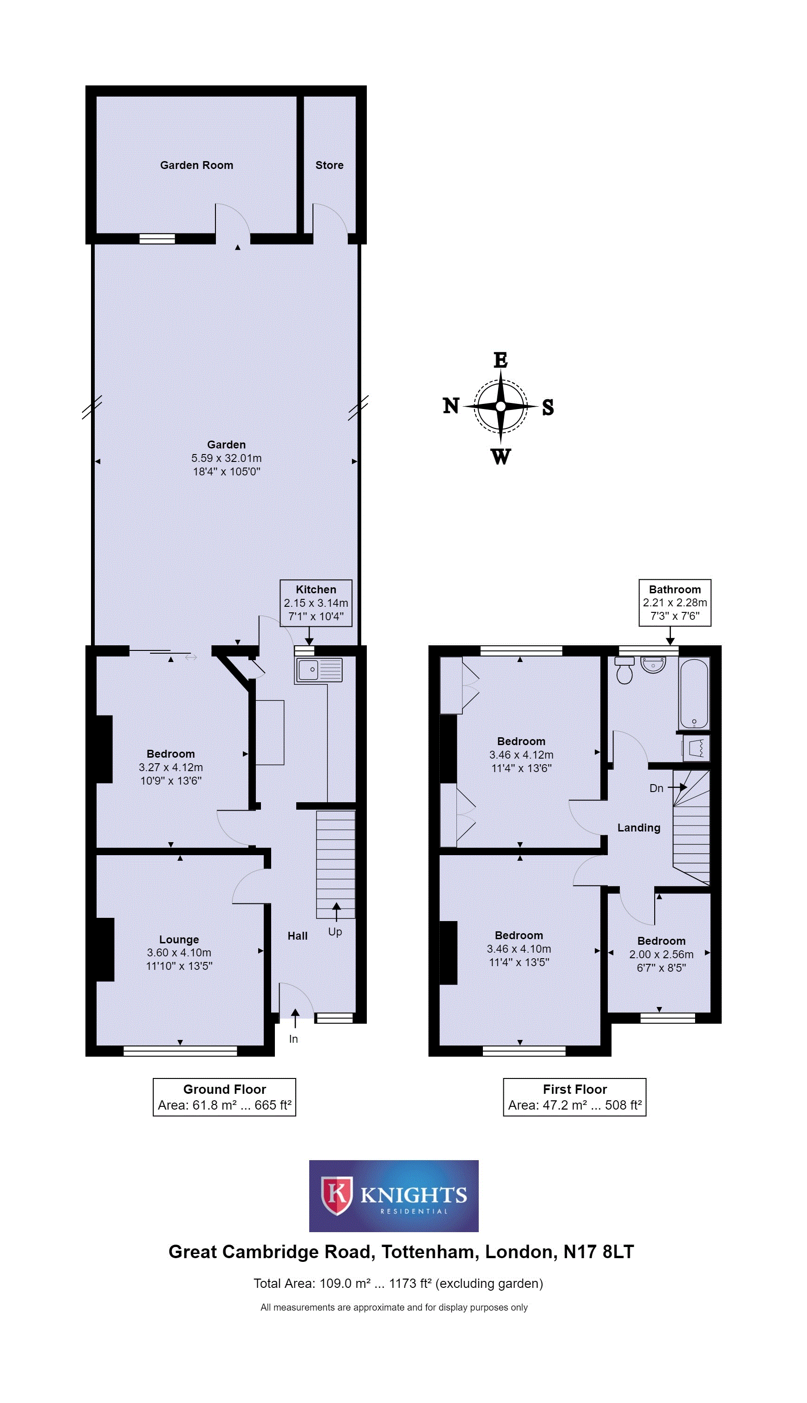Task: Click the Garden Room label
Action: click(x=196, y=165)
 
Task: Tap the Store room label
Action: click(x=329, y=165)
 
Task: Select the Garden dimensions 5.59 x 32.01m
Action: click(x=226, y=458)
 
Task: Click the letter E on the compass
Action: click(x=501, y=360)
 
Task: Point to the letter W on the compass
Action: click(x=501, y=456)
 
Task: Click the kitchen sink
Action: click(x=319, y=670)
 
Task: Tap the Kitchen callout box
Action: click(x=316, y=603)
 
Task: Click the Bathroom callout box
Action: click(x=675, y=603)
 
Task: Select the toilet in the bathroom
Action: click(x=625, y=670)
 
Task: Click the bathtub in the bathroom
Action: click(x=694, y=693)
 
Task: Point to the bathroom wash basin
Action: click(x=653, y=664)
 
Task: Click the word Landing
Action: click(x=639, y=828)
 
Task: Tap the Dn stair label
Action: click(x=656, y=788)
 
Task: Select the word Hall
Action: click(x=298, y=936)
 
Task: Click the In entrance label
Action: click(x=293, y=1039)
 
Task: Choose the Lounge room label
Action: click(x=179, y=940)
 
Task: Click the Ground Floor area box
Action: click(x=224, y=1097)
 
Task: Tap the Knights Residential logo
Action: click(x=394, y=1196)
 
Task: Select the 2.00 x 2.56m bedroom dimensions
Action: click(x=661, y=955)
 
